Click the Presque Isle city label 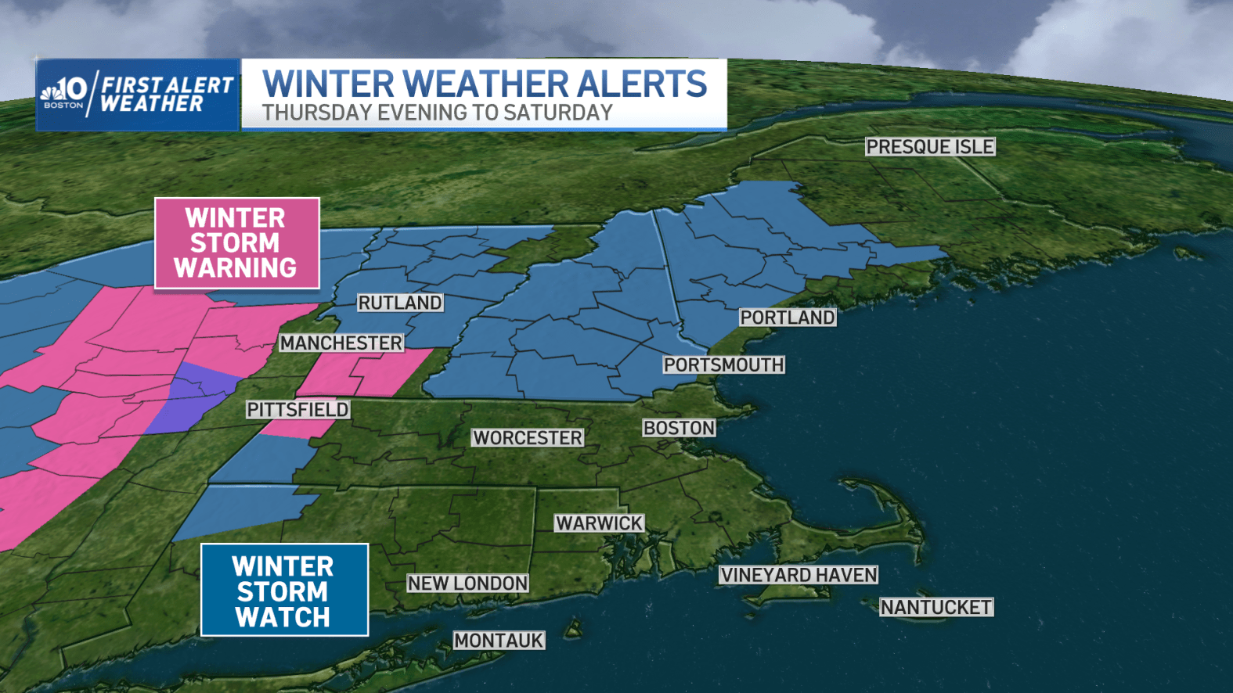tap(930, 147)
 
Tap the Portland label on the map tap(788, 318)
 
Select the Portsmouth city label tap(723, 365)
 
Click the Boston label tap(679, 429)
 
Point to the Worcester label tap(528, 438)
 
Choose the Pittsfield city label tap(297, 410)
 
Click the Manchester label tap(341, 343)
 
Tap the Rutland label tap(400, 303)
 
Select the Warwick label tap(599, 523)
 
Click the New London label tap(467, 583)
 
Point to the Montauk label tap(499, 641)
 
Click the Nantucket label tap(936, 608)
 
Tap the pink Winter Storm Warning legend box tap(236, 243)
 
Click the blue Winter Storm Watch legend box tap(284, 591)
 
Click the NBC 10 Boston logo tap(64, 92)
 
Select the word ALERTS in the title tap(642, 84)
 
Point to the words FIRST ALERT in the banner tap(168, 84)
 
